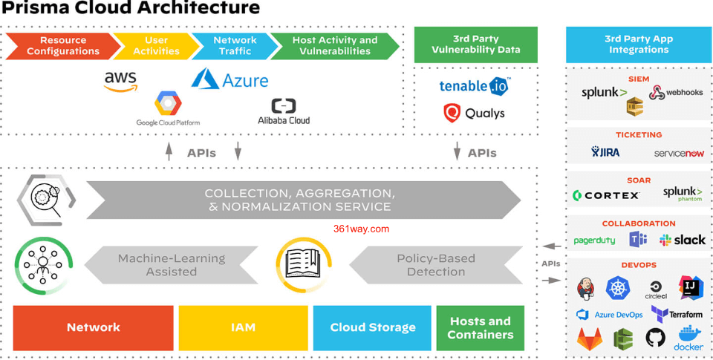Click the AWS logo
point(120,81)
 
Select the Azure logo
point(229,79)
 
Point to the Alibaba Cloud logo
point(284,111)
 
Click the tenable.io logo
point(475,86)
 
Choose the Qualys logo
point(474,113)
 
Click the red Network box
point(94,327)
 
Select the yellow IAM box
point(243,327)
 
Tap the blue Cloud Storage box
point(372,327)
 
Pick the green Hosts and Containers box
point(480,327)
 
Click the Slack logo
point(683,240)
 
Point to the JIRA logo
point(605,152)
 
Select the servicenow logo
point(678,153)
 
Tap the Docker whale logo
point(688,338)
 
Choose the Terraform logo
point(677,314)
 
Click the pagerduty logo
point(594,240)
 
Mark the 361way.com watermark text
point(361,229)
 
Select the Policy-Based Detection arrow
point(436,265)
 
